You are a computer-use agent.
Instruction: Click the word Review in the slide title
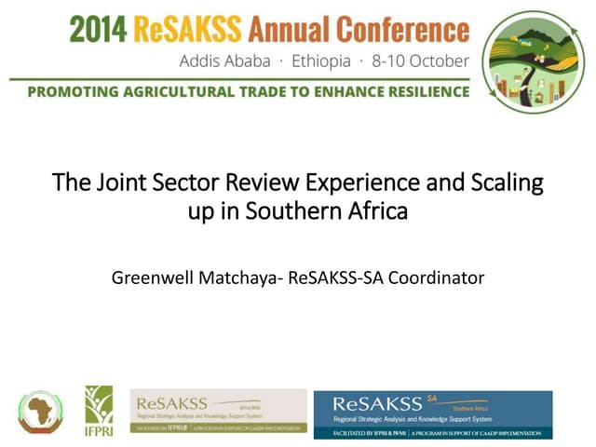(x=251, y=183)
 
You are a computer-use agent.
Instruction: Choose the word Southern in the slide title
(x=292, y=211)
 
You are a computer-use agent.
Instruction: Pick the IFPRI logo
(x=99, y=411)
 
